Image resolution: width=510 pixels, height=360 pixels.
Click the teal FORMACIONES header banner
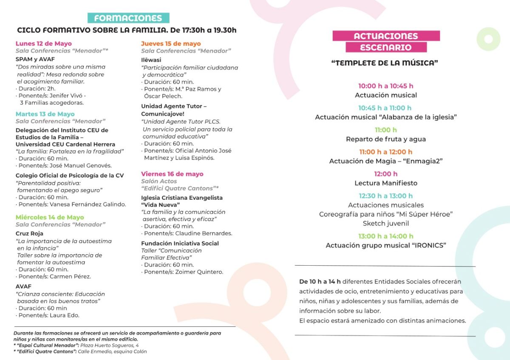[x=128, y=18]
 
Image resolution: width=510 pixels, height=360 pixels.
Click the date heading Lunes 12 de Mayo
[x=44, y=43]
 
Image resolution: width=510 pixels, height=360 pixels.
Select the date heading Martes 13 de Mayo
[x=45, y=114]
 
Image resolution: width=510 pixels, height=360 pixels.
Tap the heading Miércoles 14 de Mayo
[x=50, y=217]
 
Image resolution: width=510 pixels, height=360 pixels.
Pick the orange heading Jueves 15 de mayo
[x=171, y=43]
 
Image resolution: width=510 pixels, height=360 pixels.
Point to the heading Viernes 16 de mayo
[x=172, y=174]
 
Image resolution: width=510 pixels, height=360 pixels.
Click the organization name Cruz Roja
[x=29, y=233]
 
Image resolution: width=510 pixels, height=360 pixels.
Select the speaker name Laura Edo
[x=65, y=315]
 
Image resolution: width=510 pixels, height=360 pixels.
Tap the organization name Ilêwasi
[x=152, y=60]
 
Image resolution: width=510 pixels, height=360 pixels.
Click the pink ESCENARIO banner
[x=386, y=47]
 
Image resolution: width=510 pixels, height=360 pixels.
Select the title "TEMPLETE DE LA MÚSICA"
[x=385, y=63]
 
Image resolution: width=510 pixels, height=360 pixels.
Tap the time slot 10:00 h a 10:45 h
[x=385, y=86]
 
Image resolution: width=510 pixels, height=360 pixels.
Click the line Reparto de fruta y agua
[x=385, y=139]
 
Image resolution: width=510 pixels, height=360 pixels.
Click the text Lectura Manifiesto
[x=386, y=183]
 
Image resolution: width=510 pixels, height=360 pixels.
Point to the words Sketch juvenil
[x=385, y=223]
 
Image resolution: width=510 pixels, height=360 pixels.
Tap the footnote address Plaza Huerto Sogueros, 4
[x=109, y=346]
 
